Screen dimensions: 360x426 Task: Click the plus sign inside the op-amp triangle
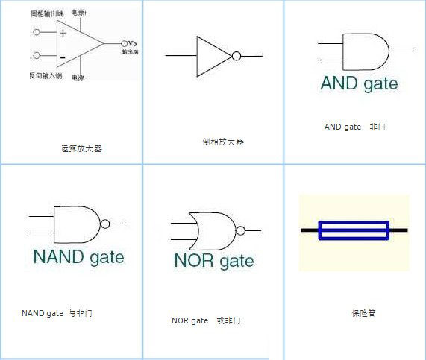(x=63, y=33)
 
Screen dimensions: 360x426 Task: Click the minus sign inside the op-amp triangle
(x=63, y=56)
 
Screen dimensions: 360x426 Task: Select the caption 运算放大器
(x=81, y=148)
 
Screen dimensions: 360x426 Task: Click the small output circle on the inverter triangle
(x=237, y=56)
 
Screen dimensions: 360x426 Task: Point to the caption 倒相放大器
(x=223, y=142)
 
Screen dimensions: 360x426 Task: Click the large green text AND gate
(x=359, y=83)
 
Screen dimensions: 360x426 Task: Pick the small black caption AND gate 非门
(x=354, y=127)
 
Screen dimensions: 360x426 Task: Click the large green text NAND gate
(x=78, y=257)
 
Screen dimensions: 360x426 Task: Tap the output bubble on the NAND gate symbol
(x=105, y=224)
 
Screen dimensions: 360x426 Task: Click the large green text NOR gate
(x=213, y=261)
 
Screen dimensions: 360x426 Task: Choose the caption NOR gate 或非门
(x=206, y=320)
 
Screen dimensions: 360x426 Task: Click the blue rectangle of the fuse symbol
(x=354, y=230)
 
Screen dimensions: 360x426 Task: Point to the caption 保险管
(x=363, y=313)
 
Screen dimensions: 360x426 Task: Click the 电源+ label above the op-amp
(x=80, y=13)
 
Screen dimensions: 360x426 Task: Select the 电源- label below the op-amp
(x=80, y=77)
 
